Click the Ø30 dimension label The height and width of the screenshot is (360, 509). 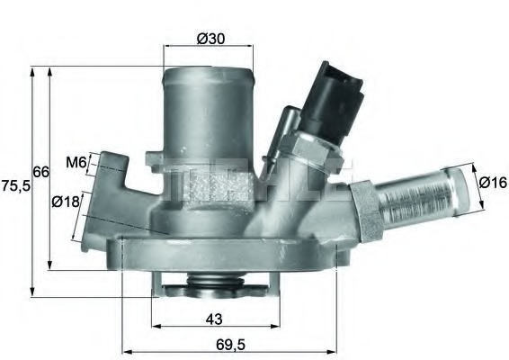pos(210,38)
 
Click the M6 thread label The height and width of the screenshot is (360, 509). pos(76,163)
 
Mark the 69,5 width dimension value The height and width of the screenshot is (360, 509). pos(228,344)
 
